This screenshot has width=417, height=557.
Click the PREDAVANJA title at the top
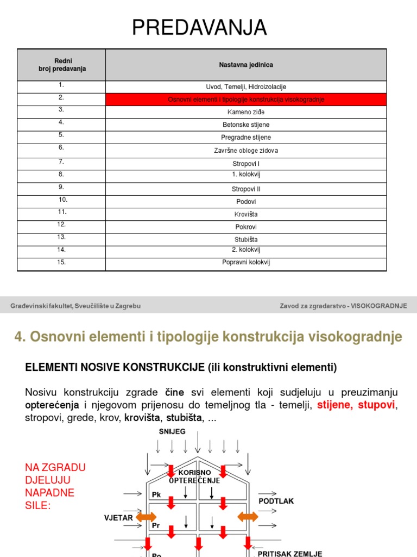coord(199,28)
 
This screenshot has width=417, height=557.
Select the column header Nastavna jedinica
coord(246,65)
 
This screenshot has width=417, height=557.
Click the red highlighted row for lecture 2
coord(246,100)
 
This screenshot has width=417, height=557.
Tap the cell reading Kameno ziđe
coord(246,112)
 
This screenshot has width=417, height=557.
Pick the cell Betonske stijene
coord(246,125)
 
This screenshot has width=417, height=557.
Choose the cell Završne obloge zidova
coord(246,151)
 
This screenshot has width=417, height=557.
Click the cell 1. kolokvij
coord(246,174)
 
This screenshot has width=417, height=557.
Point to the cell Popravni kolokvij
coord(246,262)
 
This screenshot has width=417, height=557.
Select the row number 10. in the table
coord(62,200)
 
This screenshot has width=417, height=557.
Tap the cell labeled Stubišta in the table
coord(246,239)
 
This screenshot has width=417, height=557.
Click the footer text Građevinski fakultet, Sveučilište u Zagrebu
coord(75,306)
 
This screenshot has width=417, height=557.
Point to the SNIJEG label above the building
coord(172,431)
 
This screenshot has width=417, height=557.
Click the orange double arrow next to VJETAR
coord(146,517)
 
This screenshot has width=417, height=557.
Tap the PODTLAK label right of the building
coord(276,500)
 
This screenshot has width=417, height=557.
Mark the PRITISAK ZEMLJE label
coord(289,553)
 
